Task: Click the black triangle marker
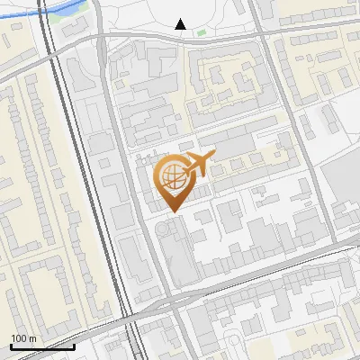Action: [x=181, y=24]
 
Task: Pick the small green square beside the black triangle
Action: [x=201, y=33]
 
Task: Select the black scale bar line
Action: [x=42, y=346]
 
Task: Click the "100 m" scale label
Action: [x=22, y=338]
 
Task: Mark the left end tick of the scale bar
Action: [x=11, y=345]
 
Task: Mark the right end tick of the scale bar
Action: [x=74, y=345]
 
